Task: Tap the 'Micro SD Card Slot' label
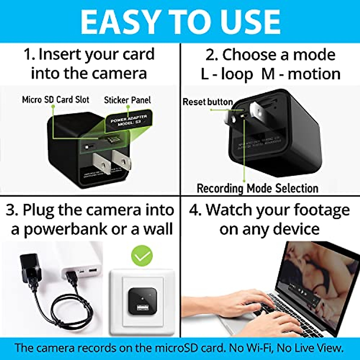pyautogui.click(x=55, y=100)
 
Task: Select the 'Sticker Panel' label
pyautogui.click(x=127, y=100)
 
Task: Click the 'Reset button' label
pyautogui.click(x=208, y=102)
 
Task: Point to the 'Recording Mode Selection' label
pyautogui.click(x=257, y=188)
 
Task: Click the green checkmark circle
pyautogui.click(x=142, y=256)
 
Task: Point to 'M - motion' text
pyautogui.click(x=301, y=74)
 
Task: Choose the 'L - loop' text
pyautogui.click(x=227, y=74)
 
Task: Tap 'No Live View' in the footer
pyautogui.click(x=310, y=348)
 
